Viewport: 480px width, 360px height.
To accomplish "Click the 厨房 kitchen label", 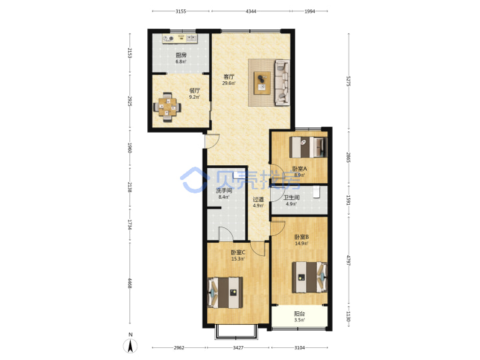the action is [181, 55].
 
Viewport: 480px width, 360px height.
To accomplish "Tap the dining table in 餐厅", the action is [167, 107].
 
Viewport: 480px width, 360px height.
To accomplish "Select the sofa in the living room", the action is [282, 83].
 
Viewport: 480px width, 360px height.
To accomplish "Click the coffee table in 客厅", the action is [262, 83].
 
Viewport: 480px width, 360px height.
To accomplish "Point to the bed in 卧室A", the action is [308, 147].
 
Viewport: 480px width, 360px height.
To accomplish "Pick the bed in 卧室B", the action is [309, 277].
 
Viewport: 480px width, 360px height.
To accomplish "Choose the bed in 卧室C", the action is [225, 293].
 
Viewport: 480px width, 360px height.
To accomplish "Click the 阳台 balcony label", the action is [299, 314].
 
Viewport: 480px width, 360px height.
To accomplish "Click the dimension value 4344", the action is [251, 11].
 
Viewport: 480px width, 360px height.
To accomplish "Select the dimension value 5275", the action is [348, 81].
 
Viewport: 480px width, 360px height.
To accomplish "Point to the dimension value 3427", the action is [238, 347].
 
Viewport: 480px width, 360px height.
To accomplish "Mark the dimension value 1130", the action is [348, 316].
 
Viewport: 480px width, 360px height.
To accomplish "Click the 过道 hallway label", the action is [258, 199].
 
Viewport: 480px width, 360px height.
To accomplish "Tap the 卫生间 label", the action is [291, 198].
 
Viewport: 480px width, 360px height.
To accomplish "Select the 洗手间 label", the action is [224, 191].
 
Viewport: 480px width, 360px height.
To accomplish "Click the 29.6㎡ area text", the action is [229, 83].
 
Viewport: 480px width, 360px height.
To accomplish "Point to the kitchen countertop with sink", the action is [180, 39].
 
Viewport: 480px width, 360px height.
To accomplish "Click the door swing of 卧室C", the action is [258, 249].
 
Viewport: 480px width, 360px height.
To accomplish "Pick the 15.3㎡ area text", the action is [238, 259].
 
